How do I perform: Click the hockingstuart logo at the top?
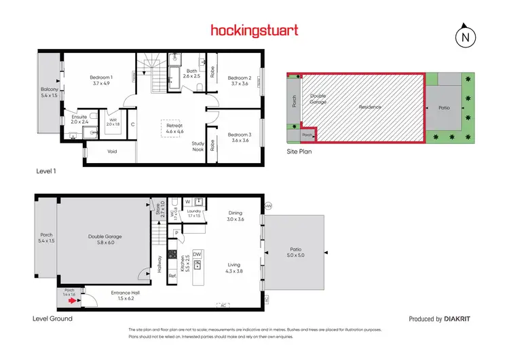point(254,30)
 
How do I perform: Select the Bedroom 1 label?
point(101,81)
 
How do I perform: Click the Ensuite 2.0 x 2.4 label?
point(80,120)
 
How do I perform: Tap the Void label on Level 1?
point(113,152)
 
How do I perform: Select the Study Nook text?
point(198,146)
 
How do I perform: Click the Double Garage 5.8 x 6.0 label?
point(105,240)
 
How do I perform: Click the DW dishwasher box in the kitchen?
point(197,254)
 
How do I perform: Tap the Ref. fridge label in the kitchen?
point(173,276)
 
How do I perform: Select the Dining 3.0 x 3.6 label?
point(235,216)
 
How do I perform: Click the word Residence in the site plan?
point(371,107)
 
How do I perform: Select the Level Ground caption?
point(52,318)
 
